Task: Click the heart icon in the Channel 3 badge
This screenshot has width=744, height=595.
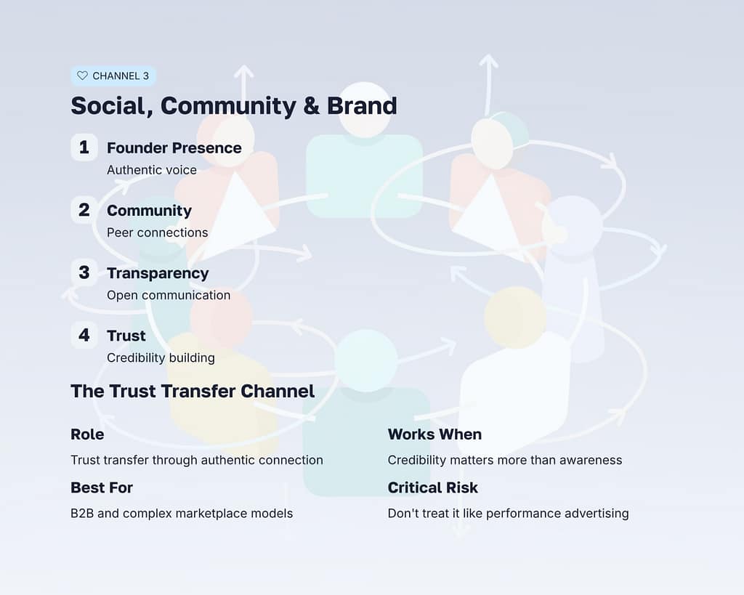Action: pos(82,76)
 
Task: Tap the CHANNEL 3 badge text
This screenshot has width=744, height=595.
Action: pos(121,76)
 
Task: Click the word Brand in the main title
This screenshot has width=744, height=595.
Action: pos(362,106)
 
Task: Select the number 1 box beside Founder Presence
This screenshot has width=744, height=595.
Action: pos(84,147)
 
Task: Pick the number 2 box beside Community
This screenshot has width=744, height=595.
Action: pos(84,210)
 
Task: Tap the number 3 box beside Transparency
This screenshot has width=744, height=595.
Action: pos(84,272)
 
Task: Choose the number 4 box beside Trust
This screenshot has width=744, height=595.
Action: pos(84,335)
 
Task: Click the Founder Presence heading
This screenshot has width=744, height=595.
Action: pos(174,148)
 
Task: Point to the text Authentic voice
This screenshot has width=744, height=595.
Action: pos(152,170)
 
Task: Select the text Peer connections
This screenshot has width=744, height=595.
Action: pos(157,232)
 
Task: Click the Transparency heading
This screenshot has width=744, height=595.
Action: pos(158,273)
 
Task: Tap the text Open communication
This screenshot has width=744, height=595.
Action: pos(169,295)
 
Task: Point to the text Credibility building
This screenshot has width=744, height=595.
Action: pos(161,357)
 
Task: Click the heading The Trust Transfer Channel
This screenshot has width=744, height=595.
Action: pos(193,392)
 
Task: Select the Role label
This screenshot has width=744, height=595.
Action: pos(87,434)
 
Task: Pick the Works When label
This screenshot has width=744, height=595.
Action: pos(434,434)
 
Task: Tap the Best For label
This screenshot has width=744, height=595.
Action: pos(102,487)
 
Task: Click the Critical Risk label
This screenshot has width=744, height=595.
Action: pos(433,487)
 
